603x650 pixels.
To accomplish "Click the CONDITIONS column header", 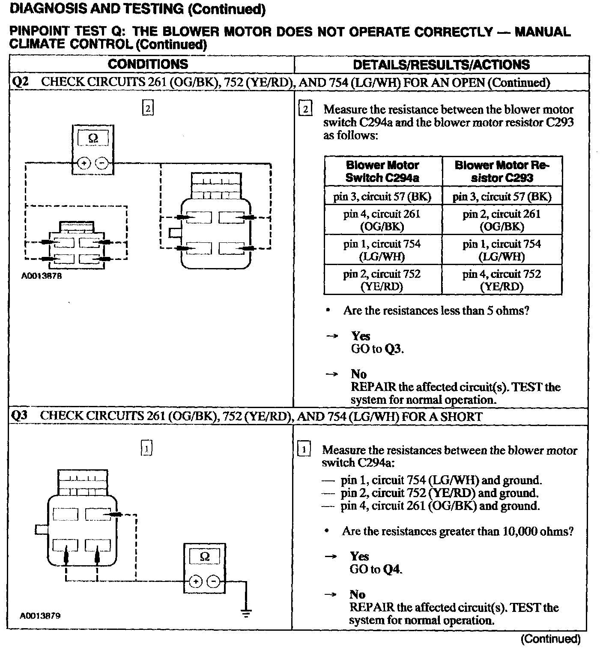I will tap(148, 64).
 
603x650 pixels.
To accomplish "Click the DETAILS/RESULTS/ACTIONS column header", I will tap(441, 65).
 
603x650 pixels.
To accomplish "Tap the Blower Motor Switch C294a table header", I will tap(382, 171).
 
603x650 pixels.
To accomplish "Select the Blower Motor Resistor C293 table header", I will tap(502, 171).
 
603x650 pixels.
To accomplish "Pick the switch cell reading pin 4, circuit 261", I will tap(382, 220).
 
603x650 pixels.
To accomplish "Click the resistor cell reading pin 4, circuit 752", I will tap(502, 280).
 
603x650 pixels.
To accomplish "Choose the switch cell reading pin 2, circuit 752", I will tap(382, 280).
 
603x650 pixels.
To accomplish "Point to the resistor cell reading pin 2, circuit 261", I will tap(502, 220).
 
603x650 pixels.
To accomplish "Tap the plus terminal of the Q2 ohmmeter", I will tap(84, 163).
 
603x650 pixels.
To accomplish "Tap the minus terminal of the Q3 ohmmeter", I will tap(213, 581).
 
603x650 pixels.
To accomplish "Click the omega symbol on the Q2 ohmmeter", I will tap(93, 139).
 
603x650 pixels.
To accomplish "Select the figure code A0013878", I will tap(42, 276).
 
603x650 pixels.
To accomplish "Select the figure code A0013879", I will tap(40, 616).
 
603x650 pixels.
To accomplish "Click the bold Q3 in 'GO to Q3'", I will tap(393, 349).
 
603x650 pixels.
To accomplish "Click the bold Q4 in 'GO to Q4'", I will tap(392, 569).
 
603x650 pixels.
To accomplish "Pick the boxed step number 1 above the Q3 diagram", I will tap(146, 448).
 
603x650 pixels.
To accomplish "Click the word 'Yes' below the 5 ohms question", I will tap(361, 336).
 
